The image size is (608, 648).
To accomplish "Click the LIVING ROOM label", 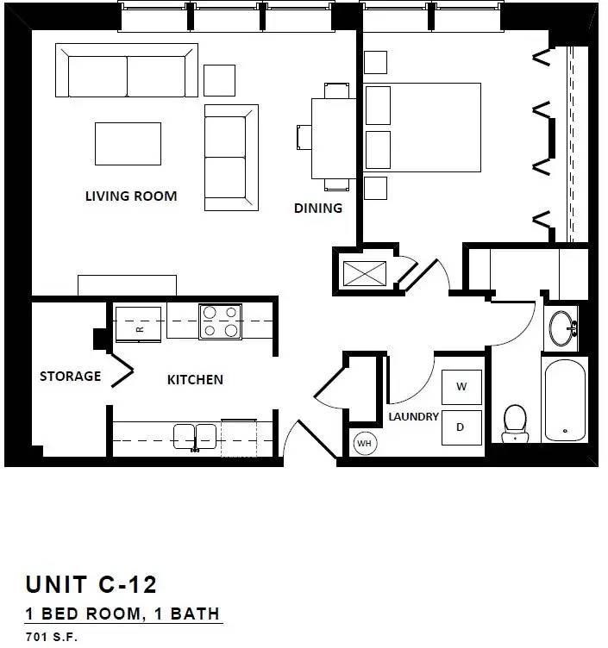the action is pyautogui.click(x=131, y=196).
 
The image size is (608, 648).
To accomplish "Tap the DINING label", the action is pyautogui.click(x=318, y=208).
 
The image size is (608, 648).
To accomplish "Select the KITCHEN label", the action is pyautogui.click(x=195, y=379).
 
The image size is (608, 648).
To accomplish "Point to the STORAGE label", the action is pyautogui.click(x=71, y=376).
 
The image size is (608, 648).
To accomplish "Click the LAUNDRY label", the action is pyautogui.click(x=414, y=416).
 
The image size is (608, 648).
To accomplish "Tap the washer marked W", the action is pyautogui.click(x=461, y=387).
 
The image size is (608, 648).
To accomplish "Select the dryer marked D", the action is pyautogui.click(x=461, y=427).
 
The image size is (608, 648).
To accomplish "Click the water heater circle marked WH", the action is pyautogui.click(x=365, y=444).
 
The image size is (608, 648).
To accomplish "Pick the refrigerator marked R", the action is pyautogui.click(x=138, y=324).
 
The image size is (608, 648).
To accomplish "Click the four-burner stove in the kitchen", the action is pyautogui.click(x=221, y=321).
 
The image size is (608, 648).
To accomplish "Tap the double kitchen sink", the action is pyautogui.click(x=195, y=436).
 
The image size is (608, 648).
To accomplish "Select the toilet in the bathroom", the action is pyautogui.click(x=516, y=424).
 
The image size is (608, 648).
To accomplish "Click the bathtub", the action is pyautogui.click(x=565, y=400).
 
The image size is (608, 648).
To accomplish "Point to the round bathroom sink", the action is pyautogui.click(x=561, y=328).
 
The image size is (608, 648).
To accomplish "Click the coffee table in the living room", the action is pyautogui.click(x=128, y=144).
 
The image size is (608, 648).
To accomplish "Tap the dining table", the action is pyautogui.click(x=334, y=139).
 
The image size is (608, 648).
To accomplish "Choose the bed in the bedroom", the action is pyautogui.click(x=422, y=128).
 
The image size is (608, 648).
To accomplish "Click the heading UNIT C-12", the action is pyautogui.click(x=91, y=584).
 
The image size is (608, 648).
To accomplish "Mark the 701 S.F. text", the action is pyautogui.click(x=51, y=637).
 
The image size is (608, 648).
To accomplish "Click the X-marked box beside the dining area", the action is pyautogui.click(x=365, y=273).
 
